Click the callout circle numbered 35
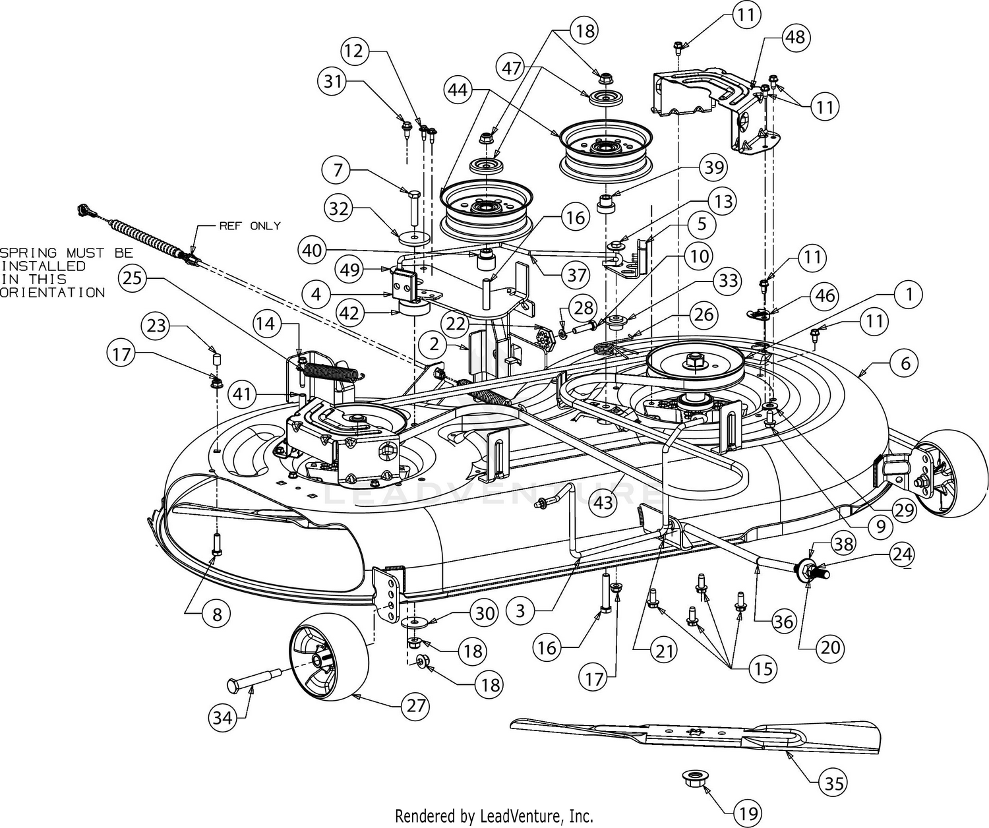click(x=834, y=783)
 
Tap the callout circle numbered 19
click(x=748, y=813)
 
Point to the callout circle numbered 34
click(x=223, y=718)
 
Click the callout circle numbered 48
click(x=796, y=37)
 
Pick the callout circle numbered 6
click(x=905, y=363)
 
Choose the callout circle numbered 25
click(x=132, y=278)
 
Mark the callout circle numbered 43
click(x=603, y=502)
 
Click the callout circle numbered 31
click(x=332, y=82)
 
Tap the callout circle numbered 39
click(x=714, y=167)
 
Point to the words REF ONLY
click(x=250, y=226)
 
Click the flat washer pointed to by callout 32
click(x=414, y=237)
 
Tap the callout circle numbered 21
click(x=663, y=651)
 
